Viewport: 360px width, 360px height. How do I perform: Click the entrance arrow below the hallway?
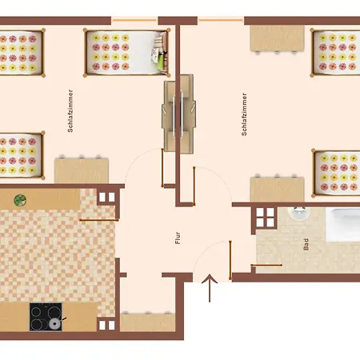tap(210, 288)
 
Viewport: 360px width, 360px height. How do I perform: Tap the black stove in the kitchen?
tap(47, 317)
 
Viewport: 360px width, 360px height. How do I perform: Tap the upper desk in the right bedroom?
tap(276, 38)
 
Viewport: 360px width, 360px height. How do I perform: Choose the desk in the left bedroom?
tap(81, 170)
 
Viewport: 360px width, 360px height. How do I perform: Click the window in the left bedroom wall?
tap(134, 20)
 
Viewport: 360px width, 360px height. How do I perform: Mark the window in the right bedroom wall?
tap(221, 20)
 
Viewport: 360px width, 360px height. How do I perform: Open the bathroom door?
tap(268, 263)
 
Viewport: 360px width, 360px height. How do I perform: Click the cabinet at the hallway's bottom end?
tap(146, 322)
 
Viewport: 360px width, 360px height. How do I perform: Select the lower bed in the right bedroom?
tap(337, 173)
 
